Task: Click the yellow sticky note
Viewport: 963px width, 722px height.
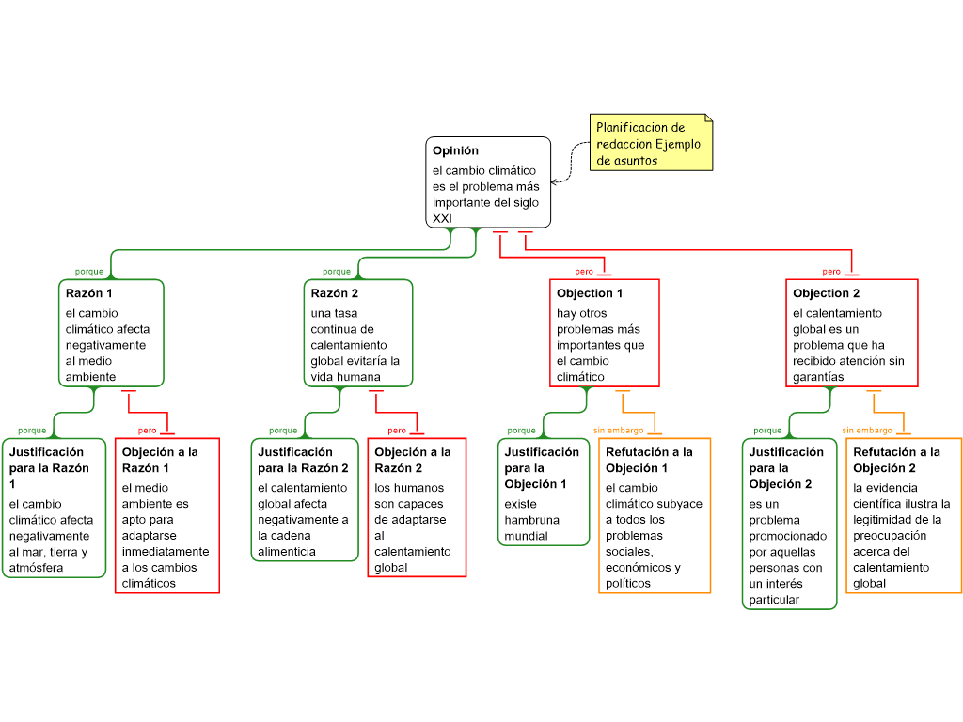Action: point(653,143)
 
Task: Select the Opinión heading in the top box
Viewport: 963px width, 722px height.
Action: point(455,150)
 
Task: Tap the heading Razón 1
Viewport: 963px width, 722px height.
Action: point(85,293)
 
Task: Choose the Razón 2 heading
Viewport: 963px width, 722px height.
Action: point(335,293)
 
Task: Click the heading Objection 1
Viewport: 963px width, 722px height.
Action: point(590,293)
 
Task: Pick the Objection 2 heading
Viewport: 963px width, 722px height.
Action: point(827,293)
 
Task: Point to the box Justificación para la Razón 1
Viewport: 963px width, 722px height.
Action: point(54,508)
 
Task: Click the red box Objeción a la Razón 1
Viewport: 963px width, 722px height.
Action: point(166,515)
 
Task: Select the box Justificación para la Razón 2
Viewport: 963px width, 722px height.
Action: point(304,499)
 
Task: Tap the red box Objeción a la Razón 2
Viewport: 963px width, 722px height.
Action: point(417,508)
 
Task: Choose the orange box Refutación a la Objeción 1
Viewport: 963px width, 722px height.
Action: point(655,515)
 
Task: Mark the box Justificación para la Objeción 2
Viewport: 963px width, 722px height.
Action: point(788,524)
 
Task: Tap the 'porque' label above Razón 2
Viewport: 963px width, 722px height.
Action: point(337,272)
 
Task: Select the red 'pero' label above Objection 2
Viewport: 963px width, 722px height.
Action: point(831,272)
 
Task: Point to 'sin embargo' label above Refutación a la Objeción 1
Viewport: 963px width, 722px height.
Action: point(618,431)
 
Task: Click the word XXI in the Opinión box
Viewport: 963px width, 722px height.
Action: point(442,218)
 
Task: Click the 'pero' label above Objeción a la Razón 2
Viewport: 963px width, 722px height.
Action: point(397,431)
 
